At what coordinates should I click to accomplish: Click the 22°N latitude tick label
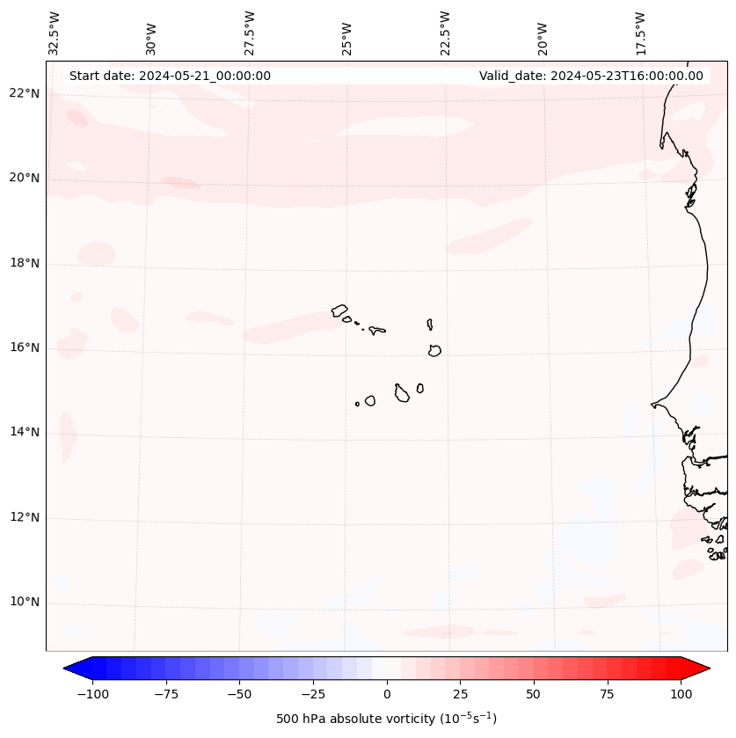click(24, 94)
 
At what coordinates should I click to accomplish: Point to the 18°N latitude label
click(24, 264)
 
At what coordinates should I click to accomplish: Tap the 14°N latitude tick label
click(24, 433)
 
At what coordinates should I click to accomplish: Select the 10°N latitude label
click(24, 603)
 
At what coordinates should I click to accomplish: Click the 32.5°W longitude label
click(55, 33)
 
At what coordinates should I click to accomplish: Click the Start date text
click(170, 76)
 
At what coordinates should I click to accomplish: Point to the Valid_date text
click(591, 76)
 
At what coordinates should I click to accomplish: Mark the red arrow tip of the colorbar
click(709, 669)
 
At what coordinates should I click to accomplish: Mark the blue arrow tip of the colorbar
click(65, 669)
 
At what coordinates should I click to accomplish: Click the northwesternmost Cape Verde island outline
click(339, 311)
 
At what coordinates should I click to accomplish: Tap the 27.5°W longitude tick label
click(250, 33)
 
